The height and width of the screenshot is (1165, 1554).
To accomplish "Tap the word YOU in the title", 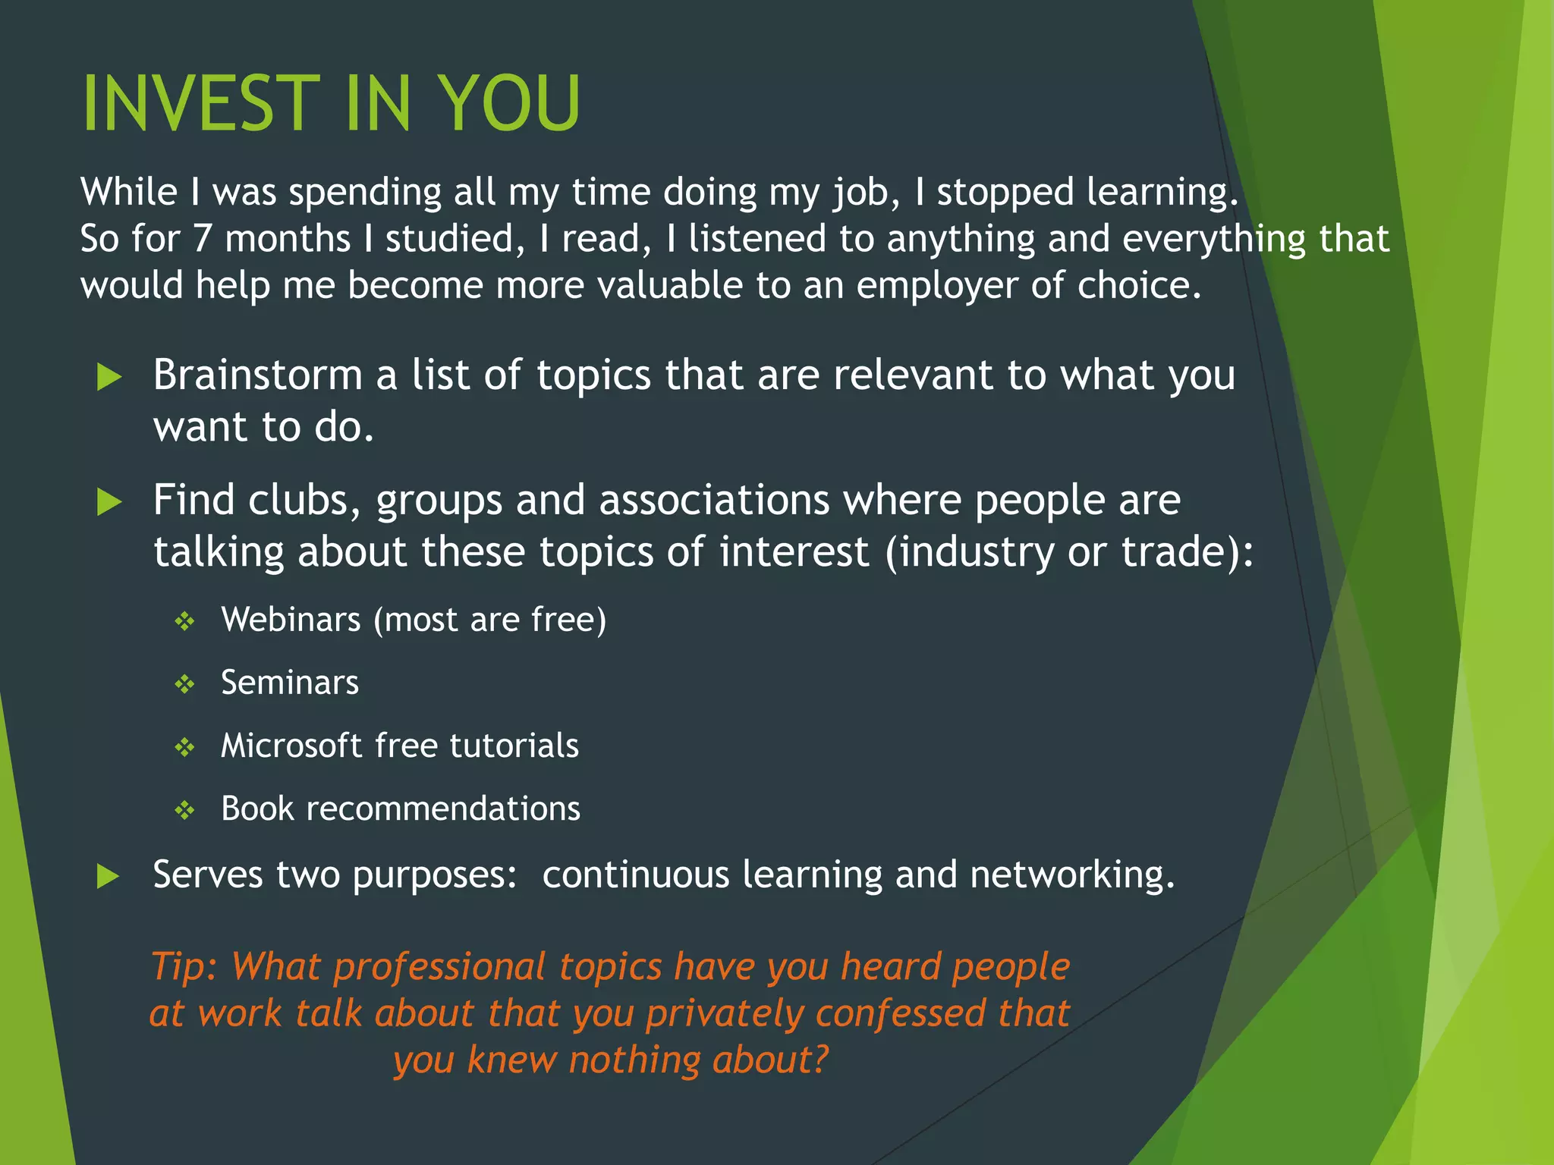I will [509, 104].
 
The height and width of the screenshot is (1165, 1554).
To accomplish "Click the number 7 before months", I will [202, 239].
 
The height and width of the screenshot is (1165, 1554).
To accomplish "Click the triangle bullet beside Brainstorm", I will [110, 377].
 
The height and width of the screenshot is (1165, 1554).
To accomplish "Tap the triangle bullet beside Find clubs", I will [110, 502].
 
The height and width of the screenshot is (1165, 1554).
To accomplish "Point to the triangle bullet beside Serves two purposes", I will [109, 877].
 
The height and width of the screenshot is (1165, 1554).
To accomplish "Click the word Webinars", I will [291, 620].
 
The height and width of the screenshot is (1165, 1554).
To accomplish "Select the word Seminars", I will [289, 683].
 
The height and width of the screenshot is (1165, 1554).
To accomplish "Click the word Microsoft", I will [291, 746].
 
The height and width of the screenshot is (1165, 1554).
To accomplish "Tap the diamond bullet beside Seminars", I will [185, 685].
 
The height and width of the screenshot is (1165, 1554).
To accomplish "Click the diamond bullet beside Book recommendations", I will [185, 811].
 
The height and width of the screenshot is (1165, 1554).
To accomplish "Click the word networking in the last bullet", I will [1071, 875].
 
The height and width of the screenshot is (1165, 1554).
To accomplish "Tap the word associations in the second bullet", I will [714, 501].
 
